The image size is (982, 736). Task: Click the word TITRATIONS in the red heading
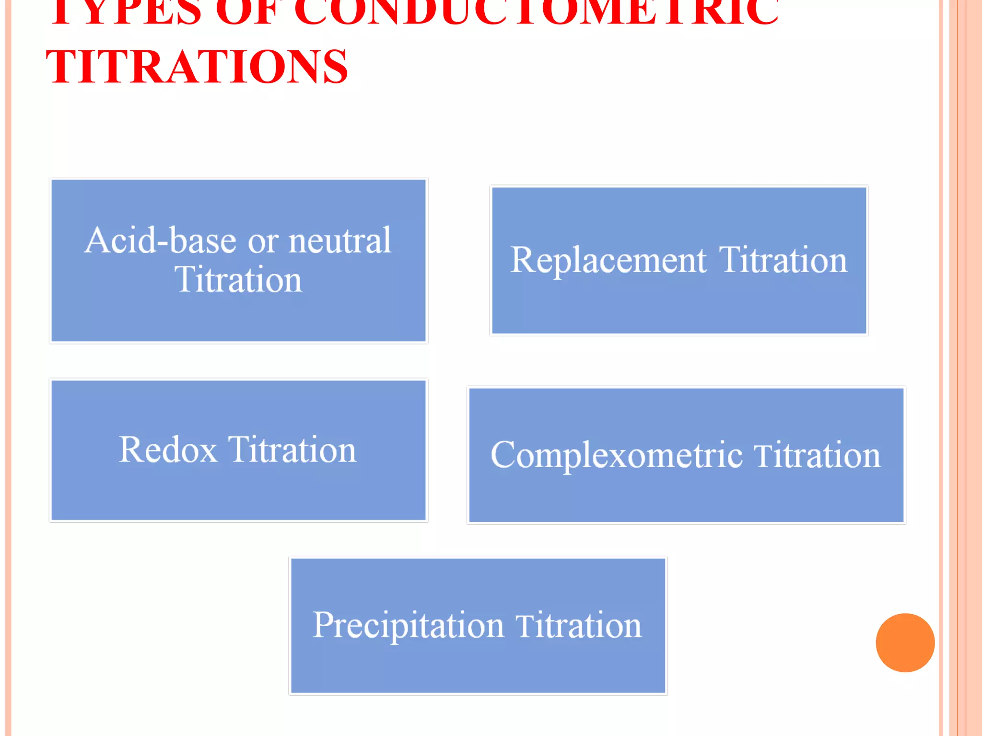197,67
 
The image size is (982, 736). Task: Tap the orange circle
905,643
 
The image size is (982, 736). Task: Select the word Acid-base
161,240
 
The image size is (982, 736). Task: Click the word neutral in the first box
339,240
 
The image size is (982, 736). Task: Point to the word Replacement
608,261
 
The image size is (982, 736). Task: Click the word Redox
168,450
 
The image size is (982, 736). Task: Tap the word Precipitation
408,625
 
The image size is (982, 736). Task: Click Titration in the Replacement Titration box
783,260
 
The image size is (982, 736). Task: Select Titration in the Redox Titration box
292,450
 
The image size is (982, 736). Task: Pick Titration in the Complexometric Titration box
817,455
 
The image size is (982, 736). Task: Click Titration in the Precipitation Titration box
578,625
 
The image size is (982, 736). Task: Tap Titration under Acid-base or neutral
238,280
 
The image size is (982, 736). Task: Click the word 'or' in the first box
263,241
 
